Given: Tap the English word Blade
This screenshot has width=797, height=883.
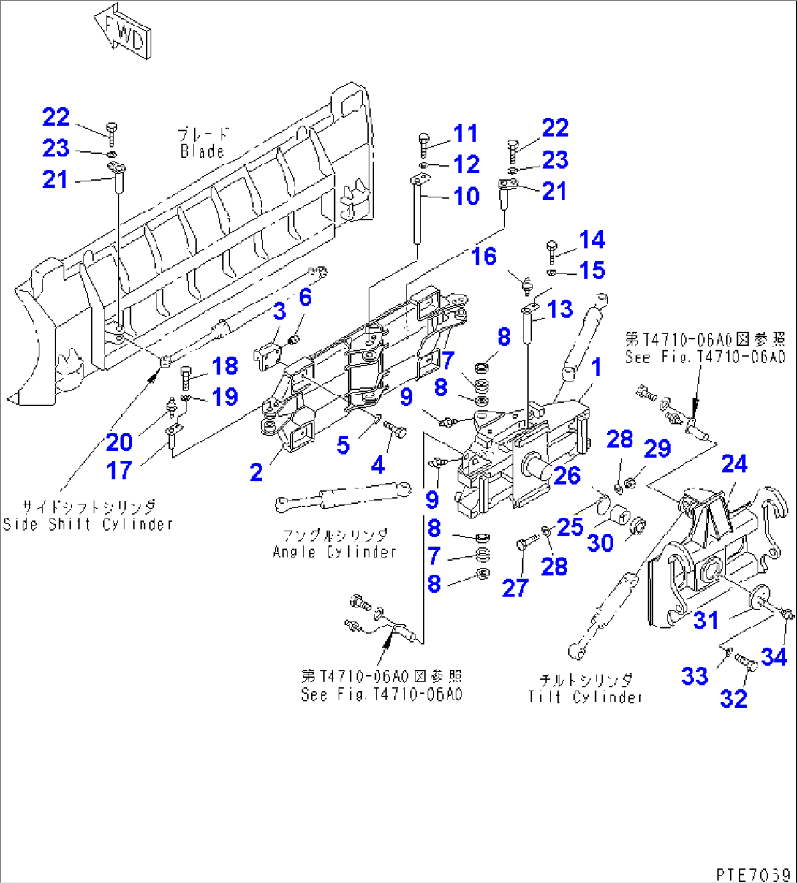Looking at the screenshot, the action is pos(202,151).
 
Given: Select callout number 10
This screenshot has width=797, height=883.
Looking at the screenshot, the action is pos(467,196).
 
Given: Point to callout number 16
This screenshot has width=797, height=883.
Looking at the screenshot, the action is pos(483,256).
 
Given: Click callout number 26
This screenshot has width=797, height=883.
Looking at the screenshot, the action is pos(567,475).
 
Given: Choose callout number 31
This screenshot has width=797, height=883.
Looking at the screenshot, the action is pos(706,620).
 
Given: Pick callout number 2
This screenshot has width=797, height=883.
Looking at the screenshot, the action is pos(256,472).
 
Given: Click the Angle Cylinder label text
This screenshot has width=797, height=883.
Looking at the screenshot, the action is pos(334,552).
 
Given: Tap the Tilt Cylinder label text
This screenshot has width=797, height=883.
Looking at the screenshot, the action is pos(585,697).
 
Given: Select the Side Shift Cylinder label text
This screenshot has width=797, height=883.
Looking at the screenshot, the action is pos(88,524).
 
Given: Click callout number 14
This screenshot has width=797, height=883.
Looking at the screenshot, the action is pos(592,240).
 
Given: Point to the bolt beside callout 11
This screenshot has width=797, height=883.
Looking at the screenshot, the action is pos(423,145).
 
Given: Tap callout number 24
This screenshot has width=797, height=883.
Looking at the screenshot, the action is pos(734,463).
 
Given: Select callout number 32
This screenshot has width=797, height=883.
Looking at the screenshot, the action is pos(733,699).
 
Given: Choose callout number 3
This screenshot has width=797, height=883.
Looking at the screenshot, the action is pos(279,311).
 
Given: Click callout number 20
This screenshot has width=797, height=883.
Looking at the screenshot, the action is pos(119,441).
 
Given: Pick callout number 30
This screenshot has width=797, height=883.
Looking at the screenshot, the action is pos(600,543).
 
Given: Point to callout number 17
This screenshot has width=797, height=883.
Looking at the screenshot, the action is pos(119,470).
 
